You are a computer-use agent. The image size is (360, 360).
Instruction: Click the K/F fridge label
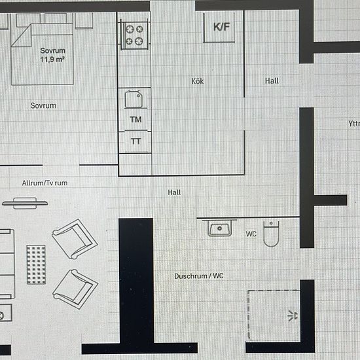tap(221, 27)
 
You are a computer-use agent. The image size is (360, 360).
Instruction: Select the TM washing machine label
tap(135, 120)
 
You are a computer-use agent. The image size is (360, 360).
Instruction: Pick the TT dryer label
tap(135, 141)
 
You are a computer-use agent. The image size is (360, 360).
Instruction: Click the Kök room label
tap(198, 81)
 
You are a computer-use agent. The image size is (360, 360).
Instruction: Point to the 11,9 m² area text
tap(52, 60)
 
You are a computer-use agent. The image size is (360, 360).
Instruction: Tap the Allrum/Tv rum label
tap(45, 183)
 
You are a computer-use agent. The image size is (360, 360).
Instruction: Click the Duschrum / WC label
tap(199, 276)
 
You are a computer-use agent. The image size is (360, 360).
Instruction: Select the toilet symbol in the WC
tap(271, 234)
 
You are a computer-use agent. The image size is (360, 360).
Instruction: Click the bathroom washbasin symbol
tap(220, 228)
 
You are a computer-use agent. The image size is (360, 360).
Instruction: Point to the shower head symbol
tap(293, 315)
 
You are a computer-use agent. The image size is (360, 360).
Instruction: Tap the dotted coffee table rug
tap(36, 264)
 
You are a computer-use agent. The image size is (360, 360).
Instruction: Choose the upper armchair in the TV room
tap(75, 239)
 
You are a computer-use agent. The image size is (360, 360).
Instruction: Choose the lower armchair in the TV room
tap(75, 289)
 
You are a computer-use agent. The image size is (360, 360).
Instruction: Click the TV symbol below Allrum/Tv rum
tap(25, 203)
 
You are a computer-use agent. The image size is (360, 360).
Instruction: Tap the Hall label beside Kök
tap(272, 81)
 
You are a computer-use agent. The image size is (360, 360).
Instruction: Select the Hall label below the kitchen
tap(174, 192)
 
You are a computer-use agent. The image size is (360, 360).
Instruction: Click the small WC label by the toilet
tap(251, 234)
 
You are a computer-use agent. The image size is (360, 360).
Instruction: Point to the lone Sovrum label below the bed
tap(43, 105)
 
